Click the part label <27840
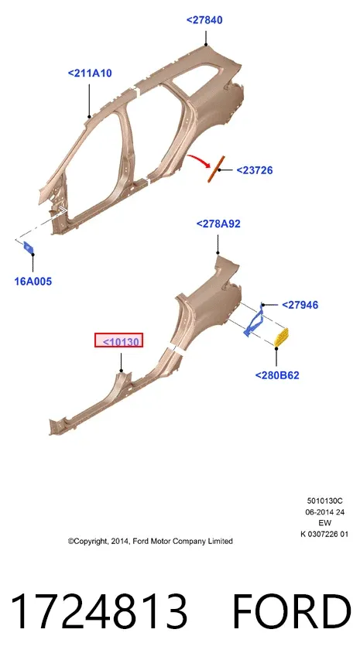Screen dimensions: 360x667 pyautogui.click(x=204, y=20)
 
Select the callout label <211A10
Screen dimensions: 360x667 pyautogui.click(x=90, y=74)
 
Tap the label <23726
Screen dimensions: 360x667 pyautogui.click(x=255, y=170)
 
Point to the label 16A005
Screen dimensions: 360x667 pyautogui.click(x=33, y=281)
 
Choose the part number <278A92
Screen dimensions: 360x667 pyautogui.click(x=218, y=224)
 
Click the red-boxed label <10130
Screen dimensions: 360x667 pyautogui.click(x=118, y=340)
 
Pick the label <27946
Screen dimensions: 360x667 pyautogui.click(x=300, y=305)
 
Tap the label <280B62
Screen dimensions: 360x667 pyautogui.click(x=277, y=375)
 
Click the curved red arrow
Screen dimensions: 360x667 pyautogui.click(x=201, y=160)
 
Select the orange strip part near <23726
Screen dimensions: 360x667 pyautogui.click(x=216, y=169)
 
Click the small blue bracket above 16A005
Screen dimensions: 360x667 pyautogui.click(x=29, y=247)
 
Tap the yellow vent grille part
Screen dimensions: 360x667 pyautogui.click(x=281, y=337)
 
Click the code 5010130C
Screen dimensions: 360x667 pyautogui.click(x=324, y=501)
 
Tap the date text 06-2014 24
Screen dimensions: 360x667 pyautogui.click(x=324, y=512)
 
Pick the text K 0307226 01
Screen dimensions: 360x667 pyautogui.click(x=324, y=534)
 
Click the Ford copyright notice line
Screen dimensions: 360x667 pyautogui.click(x=150, y=542)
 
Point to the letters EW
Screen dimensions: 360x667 pyautogui.click(x=324, y=523)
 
